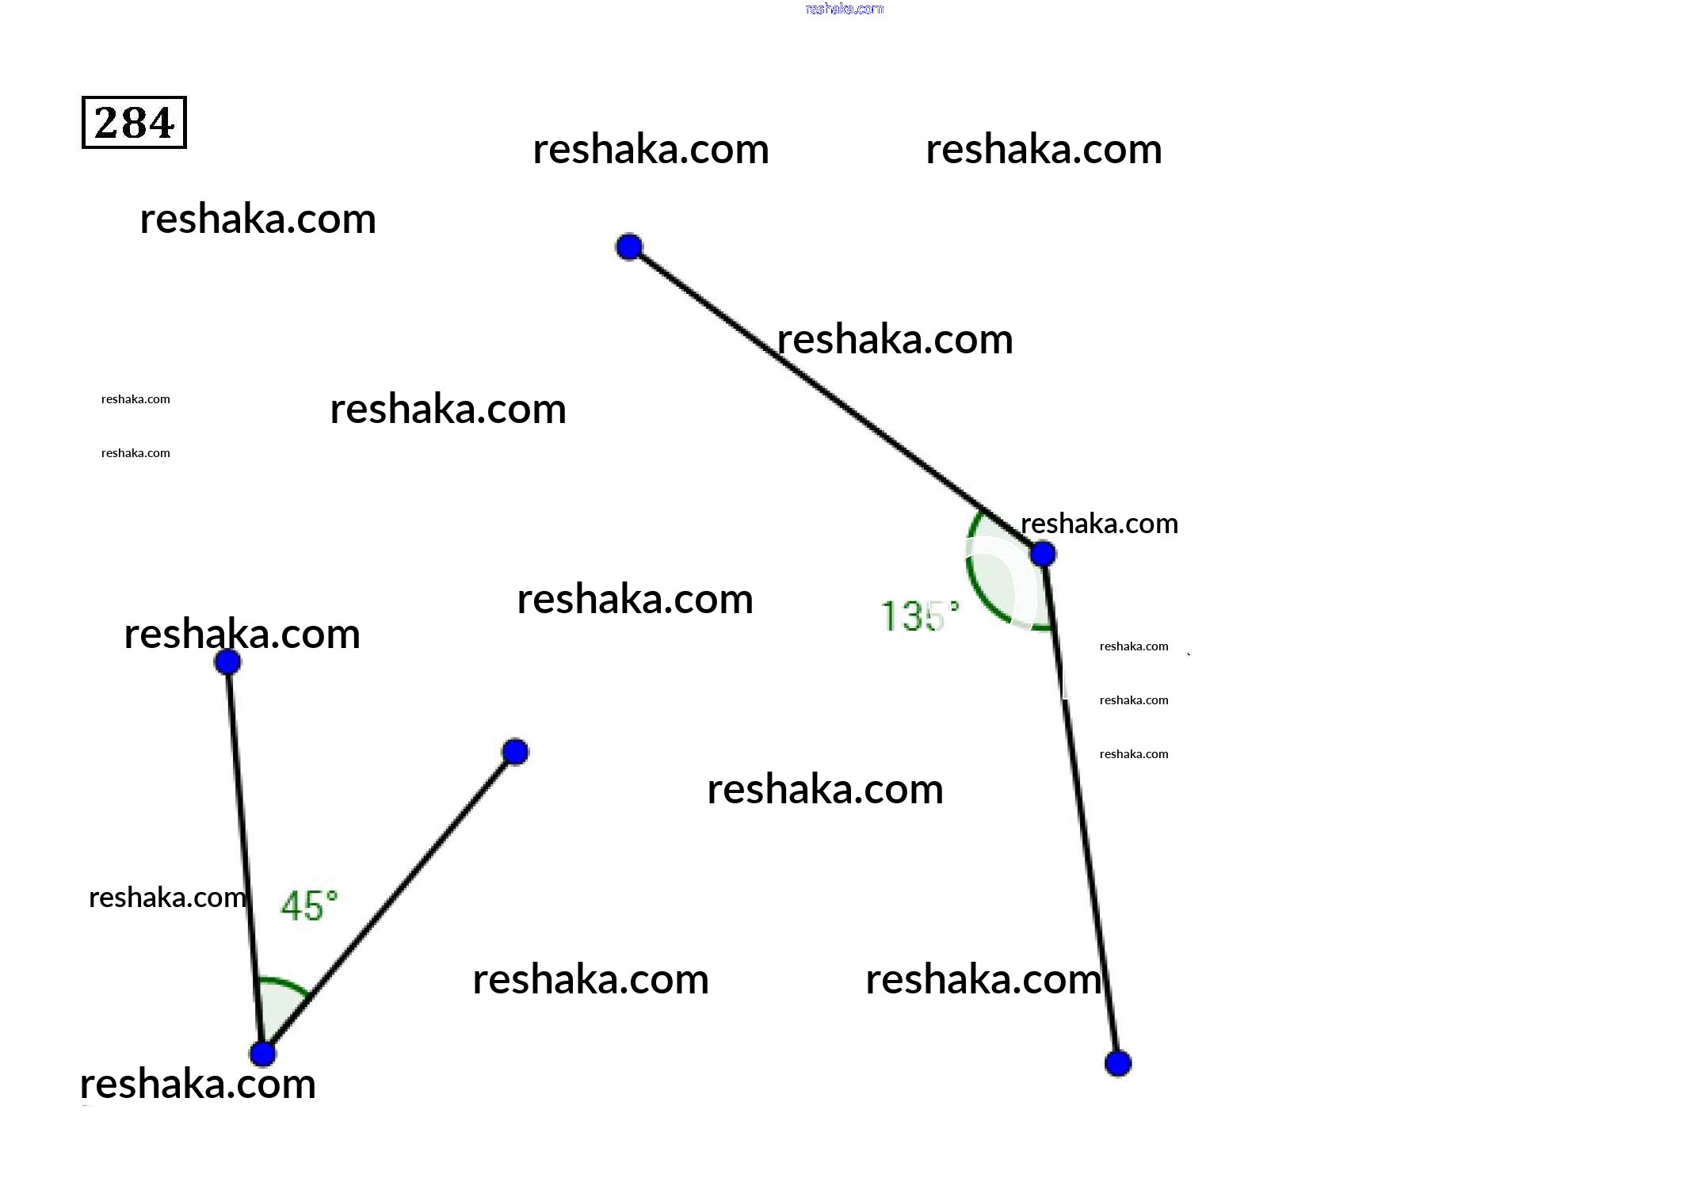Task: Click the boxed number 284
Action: tap(134, 123)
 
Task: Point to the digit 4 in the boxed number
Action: tap(160, 123)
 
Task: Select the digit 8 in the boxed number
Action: tap(134, 123)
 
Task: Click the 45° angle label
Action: tap(308, 905)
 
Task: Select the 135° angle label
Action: tap(919, 616)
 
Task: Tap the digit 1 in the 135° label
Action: tap(889, 616)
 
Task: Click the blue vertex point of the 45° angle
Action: tap(262, 1054)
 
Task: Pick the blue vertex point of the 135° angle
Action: tap(1043, 554)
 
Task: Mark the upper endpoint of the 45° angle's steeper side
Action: tap(227, 661)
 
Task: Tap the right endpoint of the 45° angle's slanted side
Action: tap(515, 752)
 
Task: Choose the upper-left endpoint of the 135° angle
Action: tap(628, 247)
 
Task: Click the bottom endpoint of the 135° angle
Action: tap(1117, 1063)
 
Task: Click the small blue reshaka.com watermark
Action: tap(844, 9)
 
